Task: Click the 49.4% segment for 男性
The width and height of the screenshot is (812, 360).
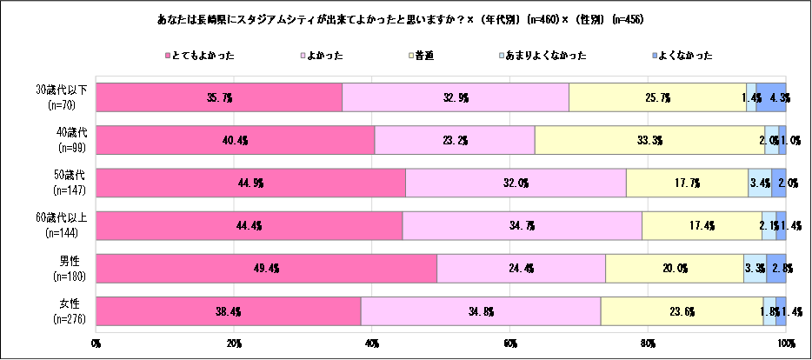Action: coord(266,268)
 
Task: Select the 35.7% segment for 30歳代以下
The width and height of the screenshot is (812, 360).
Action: coord(219,97)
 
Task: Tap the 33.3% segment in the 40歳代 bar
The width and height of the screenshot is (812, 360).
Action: coord(649,140)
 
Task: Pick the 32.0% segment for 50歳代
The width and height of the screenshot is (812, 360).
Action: coord(516,183)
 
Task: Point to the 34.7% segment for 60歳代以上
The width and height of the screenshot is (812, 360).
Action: coord(522,225)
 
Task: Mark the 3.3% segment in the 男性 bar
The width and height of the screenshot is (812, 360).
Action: coord(755,268)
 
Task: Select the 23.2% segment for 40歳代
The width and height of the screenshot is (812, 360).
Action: coord(455,140)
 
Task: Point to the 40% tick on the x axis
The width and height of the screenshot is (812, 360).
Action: coord(372,343)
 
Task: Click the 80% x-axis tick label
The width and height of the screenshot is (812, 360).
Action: coord(648,343)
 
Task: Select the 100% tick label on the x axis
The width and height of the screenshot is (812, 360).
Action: coord(785,343)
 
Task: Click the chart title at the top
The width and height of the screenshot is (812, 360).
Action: coord(406,19)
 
